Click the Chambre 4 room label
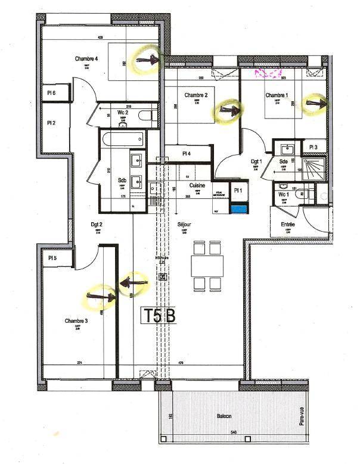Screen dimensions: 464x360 tap(86, 58)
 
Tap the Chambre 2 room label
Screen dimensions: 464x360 tap(195, 95)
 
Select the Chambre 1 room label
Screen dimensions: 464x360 tap(277, 95)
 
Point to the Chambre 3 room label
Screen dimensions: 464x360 tap(77, 320)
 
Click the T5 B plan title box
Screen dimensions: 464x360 tap(159, 316)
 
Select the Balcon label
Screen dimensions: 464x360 tap(224, 416)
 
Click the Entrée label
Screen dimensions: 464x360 tap(288, 225)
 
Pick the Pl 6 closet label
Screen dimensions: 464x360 tap(52, 93)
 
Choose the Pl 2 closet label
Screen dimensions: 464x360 tap(52, 123)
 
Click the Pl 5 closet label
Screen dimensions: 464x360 tap(52, 257)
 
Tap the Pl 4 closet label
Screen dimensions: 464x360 tap(187, 154)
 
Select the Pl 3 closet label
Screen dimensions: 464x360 tap(314, 147)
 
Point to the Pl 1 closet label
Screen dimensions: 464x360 tap(238, 190)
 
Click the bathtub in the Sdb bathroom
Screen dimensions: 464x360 tap(123, 141)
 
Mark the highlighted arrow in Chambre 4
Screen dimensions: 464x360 tap(148, 59)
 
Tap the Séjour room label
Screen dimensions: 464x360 tap(184, 225)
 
